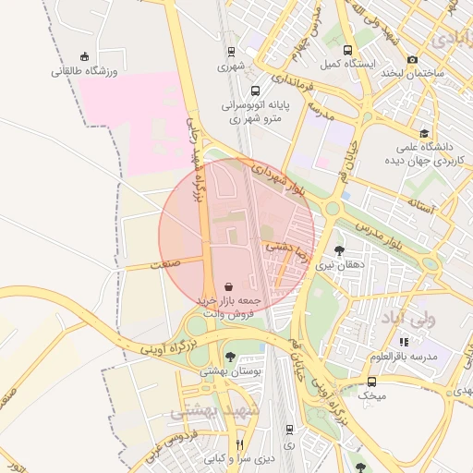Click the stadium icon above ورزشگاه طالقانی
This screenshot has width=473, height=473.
(x=86, y=55)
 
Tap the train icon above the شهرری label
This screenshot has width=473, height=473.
(x=230, y=52)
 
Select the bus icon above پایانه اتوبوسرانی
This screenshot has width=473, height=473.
(x=254, y=91)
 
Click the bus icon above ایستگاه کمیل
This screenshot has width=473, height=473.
(x=347, y=51)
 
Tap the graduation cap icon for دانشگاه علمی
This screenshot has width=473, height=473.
(x=424, y=133)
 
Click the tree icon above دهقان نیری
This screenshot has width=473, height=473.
(x=340, y=249)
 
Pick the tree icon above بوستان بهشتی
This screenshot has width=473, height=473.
(x=230, y=357)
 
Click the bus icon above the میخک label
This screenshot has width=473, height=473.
(x=371, y=382)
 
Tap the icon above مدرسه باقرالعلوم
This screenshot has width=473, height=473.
(x=404, y=343)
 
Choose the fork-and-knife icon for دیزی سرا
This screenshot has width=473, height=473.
(x=239, y=444)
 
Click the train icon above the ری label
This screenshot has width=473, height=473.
(x=290, y=430)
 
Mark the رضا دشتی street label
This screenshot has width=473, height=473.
(x=290, y=248)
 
